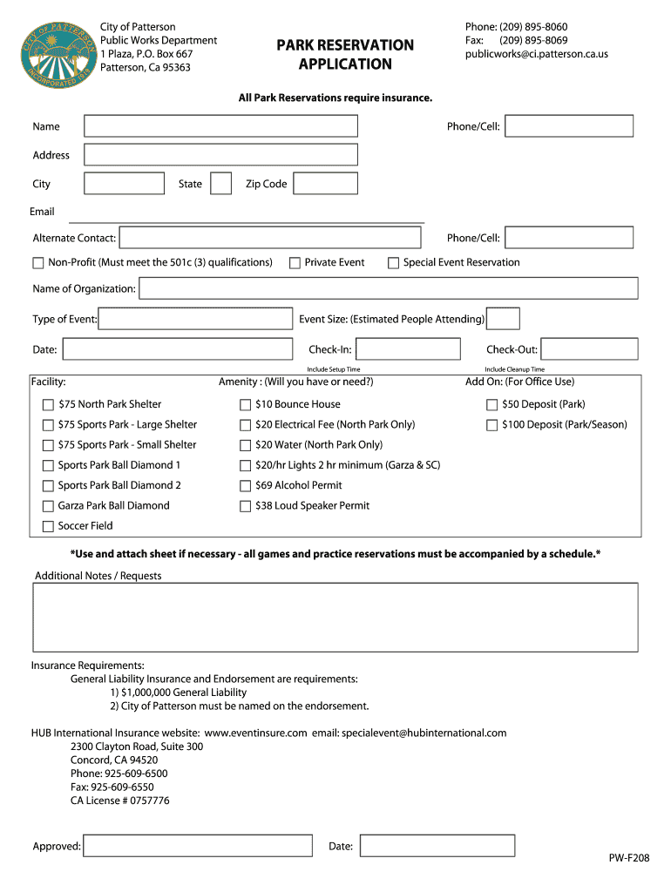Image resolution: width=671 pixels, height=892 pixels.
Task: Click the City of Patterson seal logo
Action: [58, 55]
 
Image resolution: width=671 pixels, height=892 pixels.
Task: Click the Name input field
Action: [220, 126]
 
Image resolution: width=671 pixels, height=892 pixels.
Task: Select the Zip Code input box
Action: [325, 184]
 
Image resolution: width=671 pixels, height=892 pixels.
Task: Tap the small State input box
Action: [221, 184]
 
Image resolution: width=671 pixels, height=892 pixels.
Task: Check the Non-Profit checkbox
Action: [38, 263]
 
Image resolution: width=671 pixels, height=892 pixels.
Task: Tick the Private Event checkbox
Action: [295, 263]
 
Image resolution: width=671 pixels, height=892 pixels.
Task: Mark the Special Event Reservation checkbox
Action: [393, 263]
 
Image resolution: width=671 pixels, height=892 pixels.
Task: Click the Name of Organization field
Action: [389, 288]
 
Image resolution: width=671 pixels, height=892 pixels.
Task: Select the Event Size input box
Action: [503, 319]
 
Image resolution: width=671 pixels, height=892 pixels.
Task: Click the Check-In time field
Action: [408, 349]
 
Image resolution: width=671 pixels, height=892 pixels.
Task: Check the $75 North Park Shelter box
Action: [48, 404]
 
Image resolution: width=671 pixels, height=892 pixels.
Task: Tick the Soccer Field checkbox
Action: [48, 526]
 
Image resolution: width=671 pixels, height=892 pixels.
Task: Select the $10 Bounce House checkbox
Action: [246, 404]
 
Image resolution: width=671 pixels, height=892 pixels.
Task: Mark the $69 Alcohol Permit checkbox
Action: [246, 485]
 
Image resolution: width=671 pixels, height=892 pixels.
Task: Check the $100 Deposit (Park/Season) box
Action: [491, 425]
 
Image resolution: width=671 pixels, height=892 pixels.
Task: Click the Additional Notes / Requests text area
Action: [335, 617]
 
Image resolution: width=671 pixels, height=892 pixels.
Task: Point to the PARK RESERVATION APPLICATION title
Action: [345, 54]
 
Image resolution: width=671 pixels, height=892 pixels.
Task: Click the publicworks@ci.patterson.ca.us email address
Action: [536, 54]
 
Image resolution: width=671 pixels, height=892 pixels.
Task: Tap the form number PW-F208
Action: [628, 858]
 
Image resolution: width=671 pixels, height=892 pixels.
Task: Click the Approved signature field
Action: [197, 846]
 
